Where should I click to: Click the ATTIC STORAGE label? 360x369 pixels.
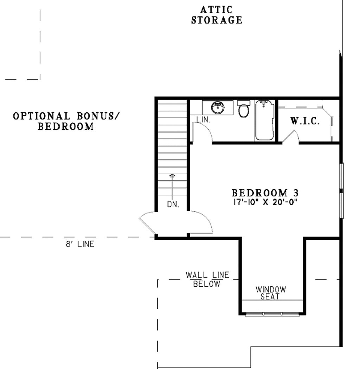[x=217, y=15]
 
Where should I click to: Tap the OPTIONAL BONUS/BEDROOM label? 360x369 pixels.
[x=66, y=121]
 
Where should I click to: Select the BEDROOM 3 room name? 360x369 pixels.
[x=265, y=193]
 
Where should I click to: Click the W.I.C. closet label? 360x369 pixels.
[x=305, y=121]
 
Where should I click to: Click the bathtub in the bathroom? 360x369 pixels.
[x=264, y=120]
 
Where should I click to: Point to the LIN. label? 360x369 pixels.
[x=204, y=119]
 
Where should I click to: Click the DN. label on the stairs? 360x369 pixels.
[x=173, y=205]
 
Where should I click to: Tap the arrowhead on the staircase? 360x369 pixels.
[x=172, y=175]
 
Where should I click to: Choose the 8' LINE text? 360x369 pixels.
[x=80, y=244]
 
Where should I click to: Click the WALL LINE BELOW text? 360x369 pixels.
[x=207, y=279]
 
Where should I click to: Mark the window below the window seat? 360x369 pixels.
[x=272, y=313]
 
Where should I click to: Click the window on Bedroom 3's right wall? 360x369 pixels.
[x=341, y=190]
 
